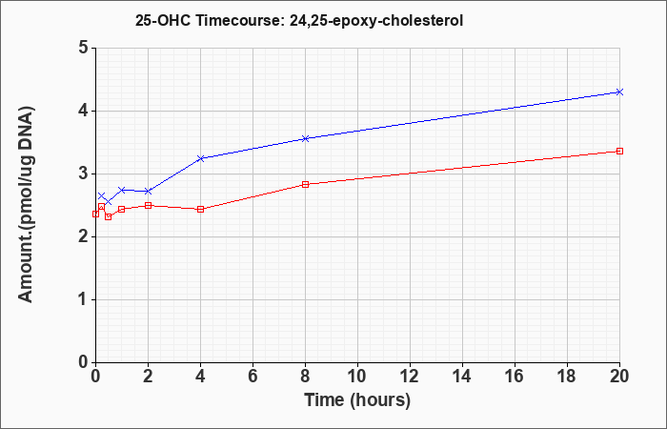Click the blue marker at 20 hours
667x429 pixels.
point(619,92)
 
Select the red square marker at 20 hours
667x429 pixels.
point(619,151)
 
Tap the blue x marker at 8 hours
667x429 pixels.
point(305,139)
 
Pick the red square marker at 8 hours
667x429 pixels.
point(305,184)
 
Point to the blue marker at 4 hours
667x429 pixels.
point(201,158)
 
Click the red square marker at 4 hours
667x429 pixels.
point(201,210)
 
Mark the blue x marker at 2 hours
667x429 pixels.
point(148,191)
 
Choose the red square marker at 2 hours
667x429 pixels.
point(148,206)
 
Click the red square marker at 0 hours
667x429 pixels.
point(95,214)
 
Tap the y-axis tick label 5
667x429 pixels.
point(84,48)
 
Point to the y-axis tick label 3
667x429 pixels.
point(84,174)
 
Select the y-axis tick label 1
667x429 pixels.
point(84,299)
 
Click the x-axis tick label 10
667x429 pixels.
point(357,377)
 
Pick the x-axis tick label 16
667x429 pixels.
point(515,377)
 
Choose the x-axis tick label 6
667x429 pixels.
point(253,377)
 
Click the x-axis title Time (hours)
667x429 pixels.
point(357,400)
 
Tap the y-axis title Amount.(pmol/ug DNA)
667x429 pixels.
point(27,204)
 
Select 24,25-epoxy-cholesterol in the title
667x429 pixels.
point(376,21)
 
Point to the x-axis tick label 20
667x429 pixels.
point(619,377)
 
